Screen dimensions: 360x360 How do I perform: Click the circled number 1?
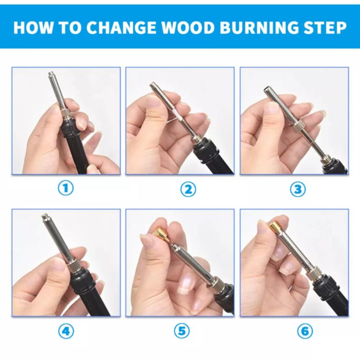click(65, 188)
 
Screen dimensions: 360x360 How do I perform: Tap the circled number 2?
click(188, 189)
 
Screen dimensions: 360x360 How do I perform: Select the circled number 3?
click(298, 189)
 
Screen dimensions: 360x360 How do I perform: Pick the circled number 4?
click(66, 331)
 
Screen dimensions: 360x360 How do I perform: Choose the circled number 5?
click(182, 331)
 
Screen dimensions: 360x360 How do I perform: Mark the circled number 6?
click(305, 331)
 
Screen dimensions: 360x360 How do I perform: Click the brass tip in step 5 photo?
click(161, 234)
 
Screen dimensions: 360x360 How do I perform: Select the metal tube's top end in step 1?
click(50, 74)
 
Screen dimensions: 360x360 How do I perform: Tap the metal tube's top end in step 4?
click(44, 216)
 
